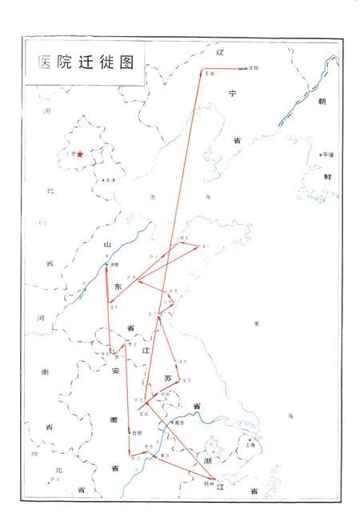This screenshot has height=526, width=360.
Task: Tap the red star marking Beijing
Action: [x=80, y=155]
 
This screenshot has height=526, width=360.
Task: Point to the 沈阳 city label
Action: [x=255, y=69]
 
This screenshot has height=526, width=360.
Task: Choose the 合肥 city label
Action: [x=137, y=433]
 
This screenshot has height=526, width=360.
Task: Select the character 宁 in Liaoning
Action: [x=234, y=94]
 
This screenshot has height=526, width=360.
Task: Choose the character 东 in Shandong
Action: [x=118, y=285]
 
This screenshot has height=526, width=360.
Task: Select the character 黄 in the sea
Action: [x=256, y=323]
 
